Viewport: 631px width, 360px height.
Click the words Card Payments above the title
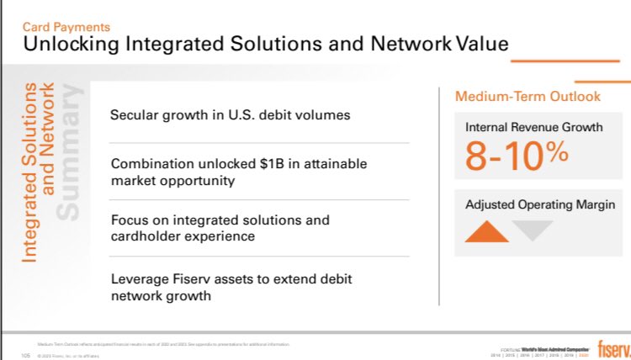point(66,28)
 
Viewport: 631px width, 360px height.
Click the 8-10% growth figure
point(517,156)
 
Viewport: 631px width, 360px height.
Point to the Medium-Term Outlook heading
point(528,97)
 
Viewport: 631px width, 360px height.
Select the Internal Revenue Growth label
point(534,128)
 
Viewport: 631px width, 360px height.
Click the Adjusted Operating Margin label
point(539,204)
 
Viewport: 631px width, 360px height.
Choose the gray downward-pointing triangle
point(532,230)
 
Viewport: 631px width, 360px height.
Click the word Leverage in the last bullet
point(139,278)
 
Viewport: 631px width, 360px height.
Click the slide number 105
point(24,355)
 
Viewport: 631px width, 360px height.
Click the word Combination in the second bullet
point(150,163)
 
